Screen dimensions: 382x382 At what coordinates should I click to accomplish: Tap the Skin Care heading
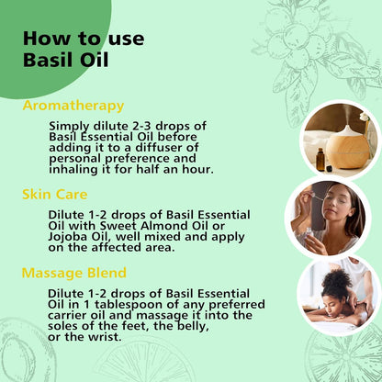54,194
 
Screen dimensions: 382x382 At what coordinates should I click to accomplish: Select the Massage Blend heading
73,273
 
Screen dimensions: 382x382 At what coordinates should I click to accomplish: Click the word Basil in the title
49,62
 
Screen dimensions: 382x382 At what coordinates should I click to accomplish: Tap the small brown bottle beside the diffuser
320,159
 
